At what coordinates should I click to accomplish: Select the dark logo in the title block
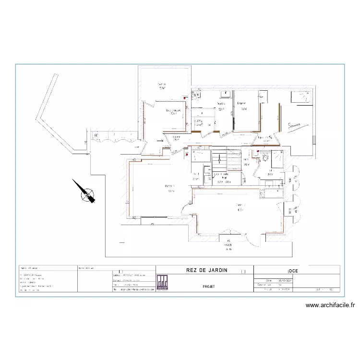(162, 283)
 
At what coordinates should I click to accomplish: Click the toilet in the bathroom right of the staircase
(264, 157)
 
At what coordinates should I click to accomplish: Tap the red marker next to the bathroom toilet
(258, 152)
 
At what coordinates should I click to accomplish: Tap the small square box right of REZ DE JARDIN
(243, 271)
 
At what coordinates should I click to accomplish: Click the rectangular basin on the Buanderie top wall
(224, 93)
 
